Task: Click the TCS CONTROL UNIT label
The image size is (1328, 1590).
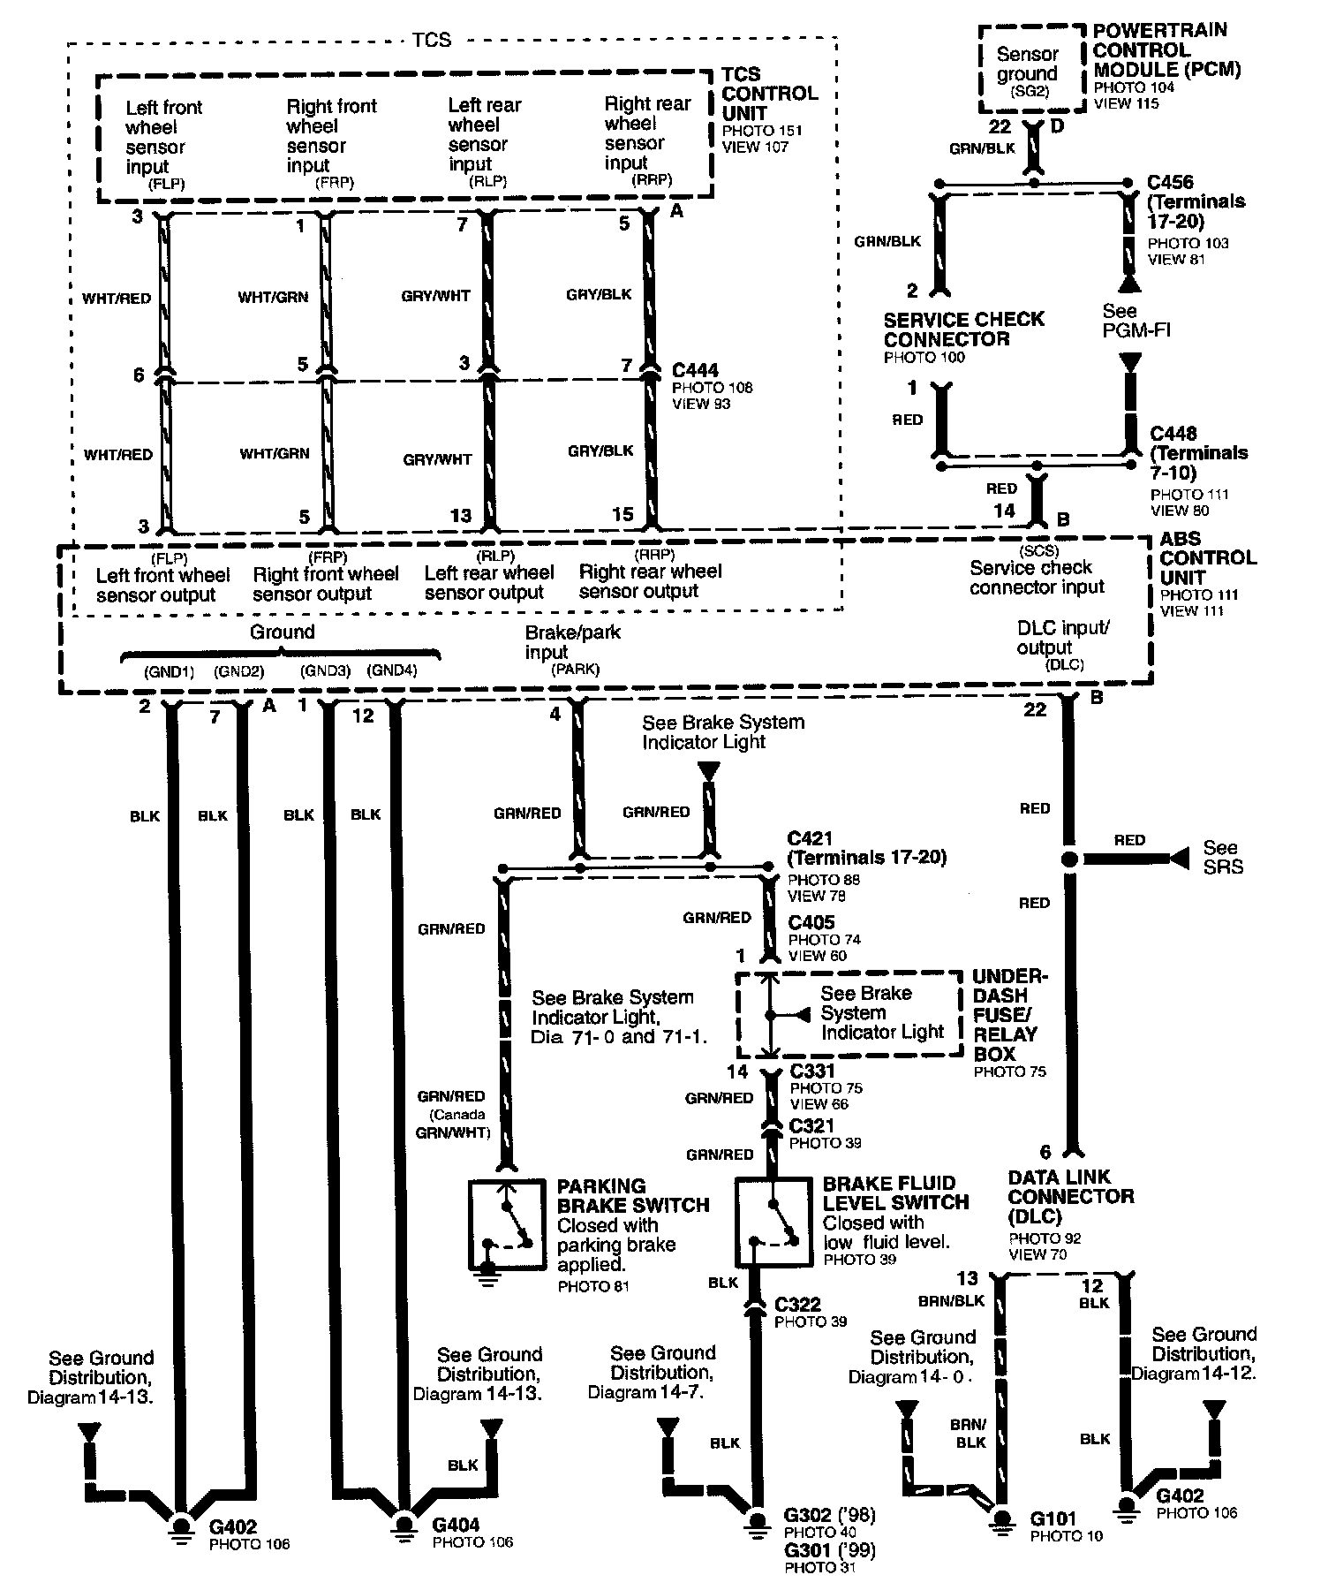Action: coord(769,93)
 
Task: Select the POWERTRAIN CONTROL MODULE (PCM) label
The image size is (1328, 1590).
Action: coord(1166,49)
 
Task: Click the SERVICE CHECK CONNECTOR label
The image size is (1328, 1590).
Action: coord(963,329)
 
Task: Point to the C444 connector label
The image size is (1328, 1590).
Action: coord(695,370)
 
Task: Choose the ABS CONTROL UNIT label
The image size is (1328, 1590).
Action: coord(1207,557)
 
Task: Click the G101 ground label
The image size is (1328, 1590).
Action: coord(1053,1519)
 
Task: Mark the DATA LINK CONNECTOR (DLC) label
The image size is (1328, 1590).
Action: coord(1071,1197)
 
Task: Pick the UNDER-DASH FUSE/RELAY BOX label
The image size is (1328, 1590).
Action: coord(1009,1014)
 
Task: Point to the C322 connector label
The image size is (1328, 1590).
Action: coord(797,1304)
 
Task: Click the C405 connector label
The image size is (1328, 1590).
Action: coord(811,922)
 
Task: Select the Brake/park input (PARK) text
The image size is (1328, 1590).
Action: coord(572,649)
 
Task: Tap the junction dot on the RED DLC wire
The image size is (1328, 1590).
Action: coord(1069,859)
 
